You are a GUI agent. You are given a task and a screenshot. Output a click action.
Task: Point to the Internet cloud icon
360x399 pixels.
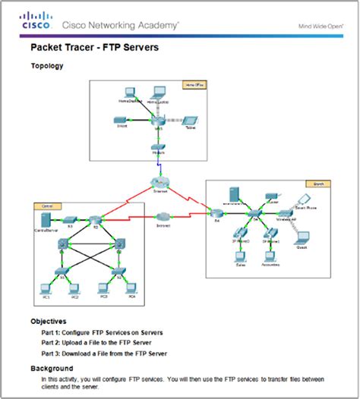point(158,183)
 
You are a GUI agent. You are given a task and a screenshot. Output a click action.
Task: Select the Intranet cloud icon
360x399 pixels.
point(163,218)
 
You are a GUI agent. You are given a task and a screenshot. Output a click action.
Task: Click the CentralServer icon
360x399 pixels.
point(44,219)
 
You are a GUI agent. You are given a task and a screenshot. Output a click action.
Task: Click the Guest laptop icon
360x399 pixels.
point(300,238)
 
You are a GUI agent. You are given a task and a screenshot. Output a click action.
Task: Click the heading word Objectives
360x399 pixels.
point(48,321)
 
